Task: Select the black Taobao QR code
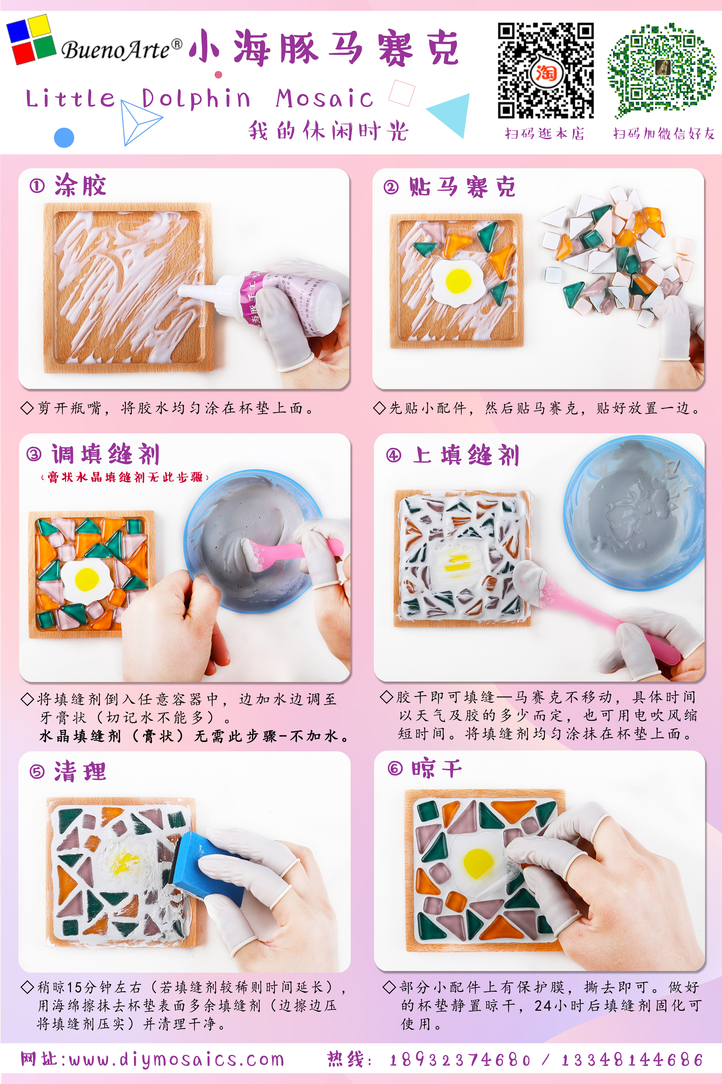click(x=546, y=71)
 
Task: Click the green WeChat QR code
click(x=662, y=71)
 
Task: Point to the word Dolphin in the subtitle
click(x=196, y=98)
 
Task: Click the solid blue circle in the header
click(x=64, y=137)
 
